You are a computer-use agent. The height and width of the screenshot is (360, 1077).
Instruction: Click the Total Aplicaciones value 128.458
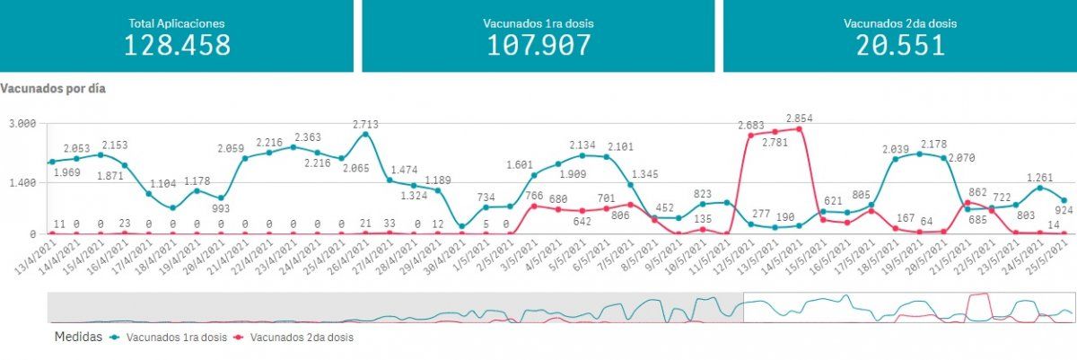(177, 45)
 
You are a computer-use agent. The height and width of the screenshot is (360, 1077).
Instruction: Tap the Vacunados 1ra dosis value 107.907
(538, 45)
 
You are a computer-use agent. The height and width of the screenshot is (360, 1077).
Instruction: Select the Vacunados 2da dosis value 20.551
(899, 45)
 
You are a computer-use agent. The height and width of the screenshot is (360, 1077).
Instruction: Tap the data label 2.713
(365, 124)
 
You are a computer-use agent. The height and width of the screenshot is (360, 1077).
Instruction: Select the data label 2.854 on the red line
(799, 119)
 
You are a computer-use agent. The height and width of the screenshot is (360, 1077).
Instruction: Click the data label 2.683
(750, 126)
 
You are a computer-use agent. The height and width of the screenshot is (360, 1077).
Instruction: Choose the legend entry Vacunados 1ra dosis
(169, 338)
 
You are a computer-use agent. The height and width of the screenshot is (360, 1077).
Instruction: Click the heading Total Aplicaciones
(177, 23)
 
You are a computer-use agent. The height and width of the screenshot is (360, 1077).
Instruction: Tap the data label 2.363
(293, 137)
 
